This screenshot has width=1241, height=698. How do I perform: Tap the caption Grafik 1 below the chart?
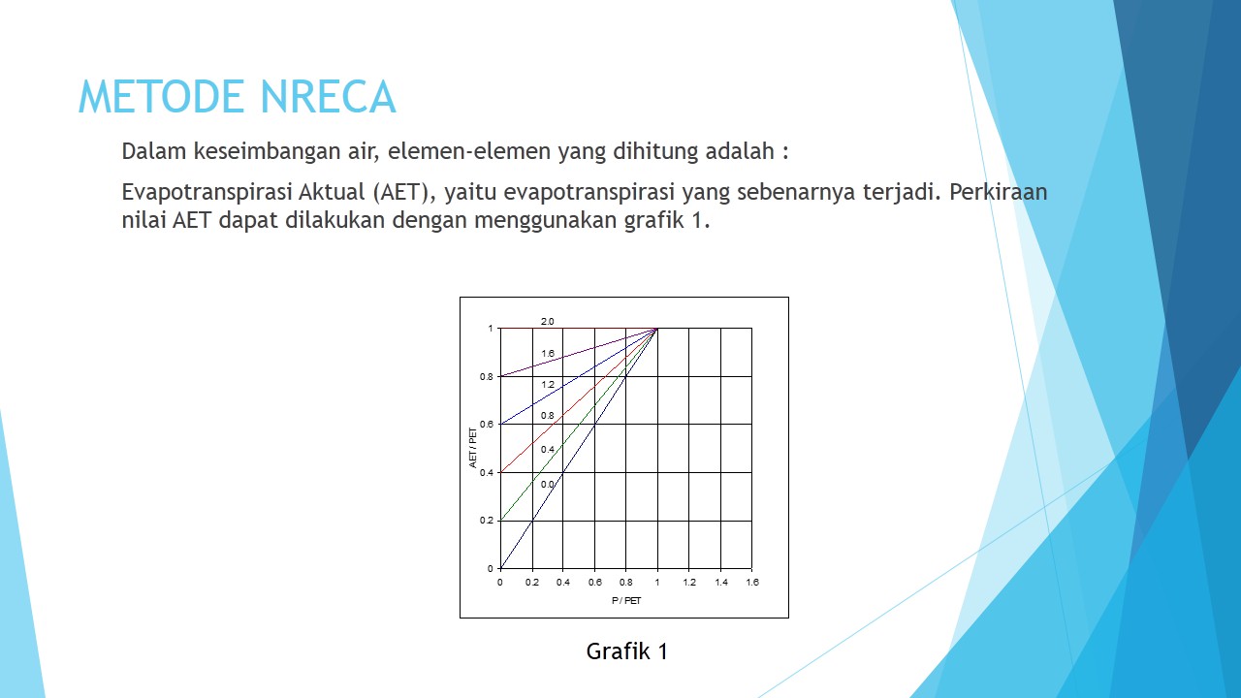[626, 651]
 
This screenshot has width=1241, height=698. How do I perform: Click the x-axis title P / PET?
[626, 601]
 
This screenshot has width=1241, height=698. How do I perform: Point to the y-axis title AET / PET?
[474, 448]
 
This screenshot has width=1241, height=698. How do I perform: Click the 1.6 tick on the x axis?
[752, 583]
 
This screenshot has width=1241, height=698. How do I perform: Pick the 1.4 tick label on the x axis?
[721, 583]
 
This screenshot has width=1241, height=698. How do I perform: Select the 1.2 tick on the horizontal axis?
[689, 583]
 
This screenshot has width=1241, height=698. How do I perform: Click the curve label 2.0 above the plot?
[548, 321]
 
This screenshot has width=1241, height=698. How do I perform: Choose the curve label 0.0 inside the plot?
[548, 484]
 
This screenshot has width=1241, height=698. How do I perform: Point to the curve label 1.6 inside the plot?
[548, 354]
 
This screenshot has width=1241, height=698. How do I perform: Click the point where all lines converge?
[657, 329]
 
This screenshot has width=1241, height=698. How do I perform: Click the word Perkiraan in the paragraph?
[999, 192]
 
